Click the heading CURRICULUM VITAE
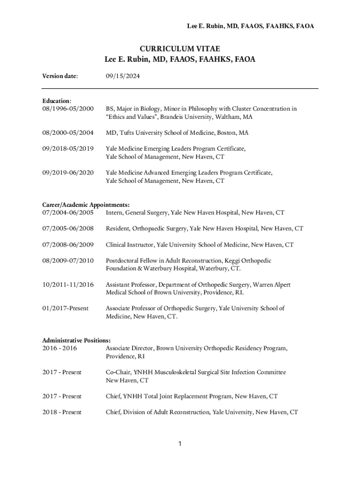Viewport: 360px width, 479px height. (x=180, y=49)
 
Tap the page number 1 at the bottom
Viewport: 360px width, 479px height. (x=180, y=443)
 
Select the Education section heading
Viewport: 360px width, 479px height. (x=57, y=101)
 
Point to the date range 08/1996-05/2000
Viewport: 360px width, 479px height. (x=68, y=109)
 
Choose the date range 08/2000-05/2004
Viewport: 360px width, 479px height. (x=68, y=133)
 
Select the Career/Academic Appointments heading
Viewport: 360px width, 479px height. (x=86, y=205)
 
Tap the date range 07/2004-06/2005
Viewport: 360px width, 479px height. (x=68, y=213)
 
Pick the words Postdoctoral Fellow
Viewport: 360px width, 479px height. (x=130, y=261)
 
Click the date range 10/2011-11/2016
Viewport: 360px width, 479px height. (x=68, y=284)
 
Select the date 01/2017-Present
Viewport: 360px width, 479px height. (x=65, y=309)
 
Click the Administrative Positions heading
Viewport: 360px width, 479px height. (x=76, y=341)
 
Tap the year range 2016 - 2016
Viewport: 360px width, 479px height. (x=59, y=348)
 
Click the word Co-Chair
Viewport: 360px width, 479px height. (x=118, y=372)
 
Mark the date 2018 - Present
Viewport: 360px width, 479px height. (x=62, y=412)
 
